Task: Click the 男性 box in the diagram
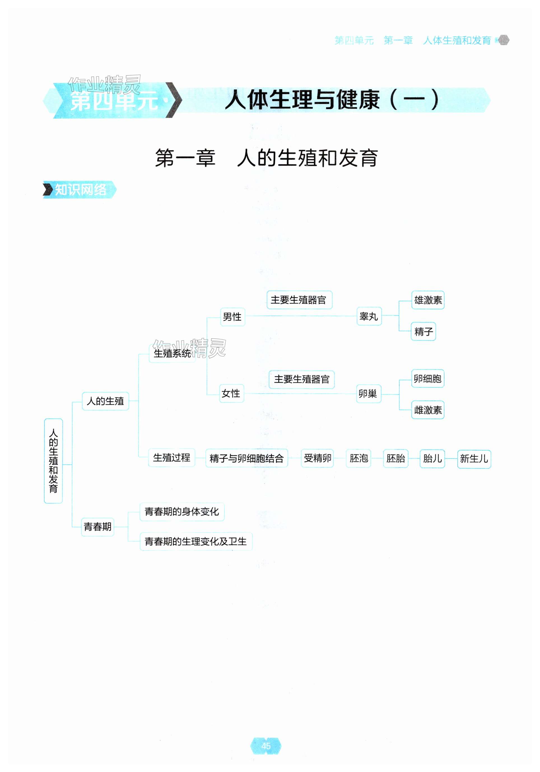(x=232, y=316)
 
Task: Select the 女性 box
(x=231, y=393)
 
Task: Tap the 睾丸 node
(x=369, y=316)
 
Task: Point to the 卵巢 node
(x=368, y=393)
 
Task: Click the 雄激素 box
(x=428, y=300)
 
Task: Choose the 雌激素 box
(x=428, y=410)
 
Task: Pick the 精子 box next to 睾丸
(x=423, y=331)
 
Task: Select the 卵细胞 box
(x=427, y=379)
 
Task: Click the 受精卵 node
(x=317, y=458)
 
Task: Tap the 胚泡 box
(x=358, y=458)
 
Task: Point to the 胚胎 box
(x=395, y=458)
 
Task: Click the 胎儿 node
(x=432, y=458)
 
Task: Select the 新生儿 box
(x=474, y=458)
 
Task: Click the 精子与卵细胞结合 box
(x=247, y=458)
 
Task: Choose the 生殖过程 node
(x=172, y=457)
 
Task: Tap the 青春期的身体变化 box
(x=182, y=511)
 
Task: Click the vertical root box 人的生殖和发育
(x=53, y=461)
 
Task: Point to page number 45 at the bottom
(x=266, y=746)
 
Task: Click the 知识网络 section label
(x=80, y=190)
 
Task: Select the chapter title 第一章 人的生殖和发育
(x=266, y=158)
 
